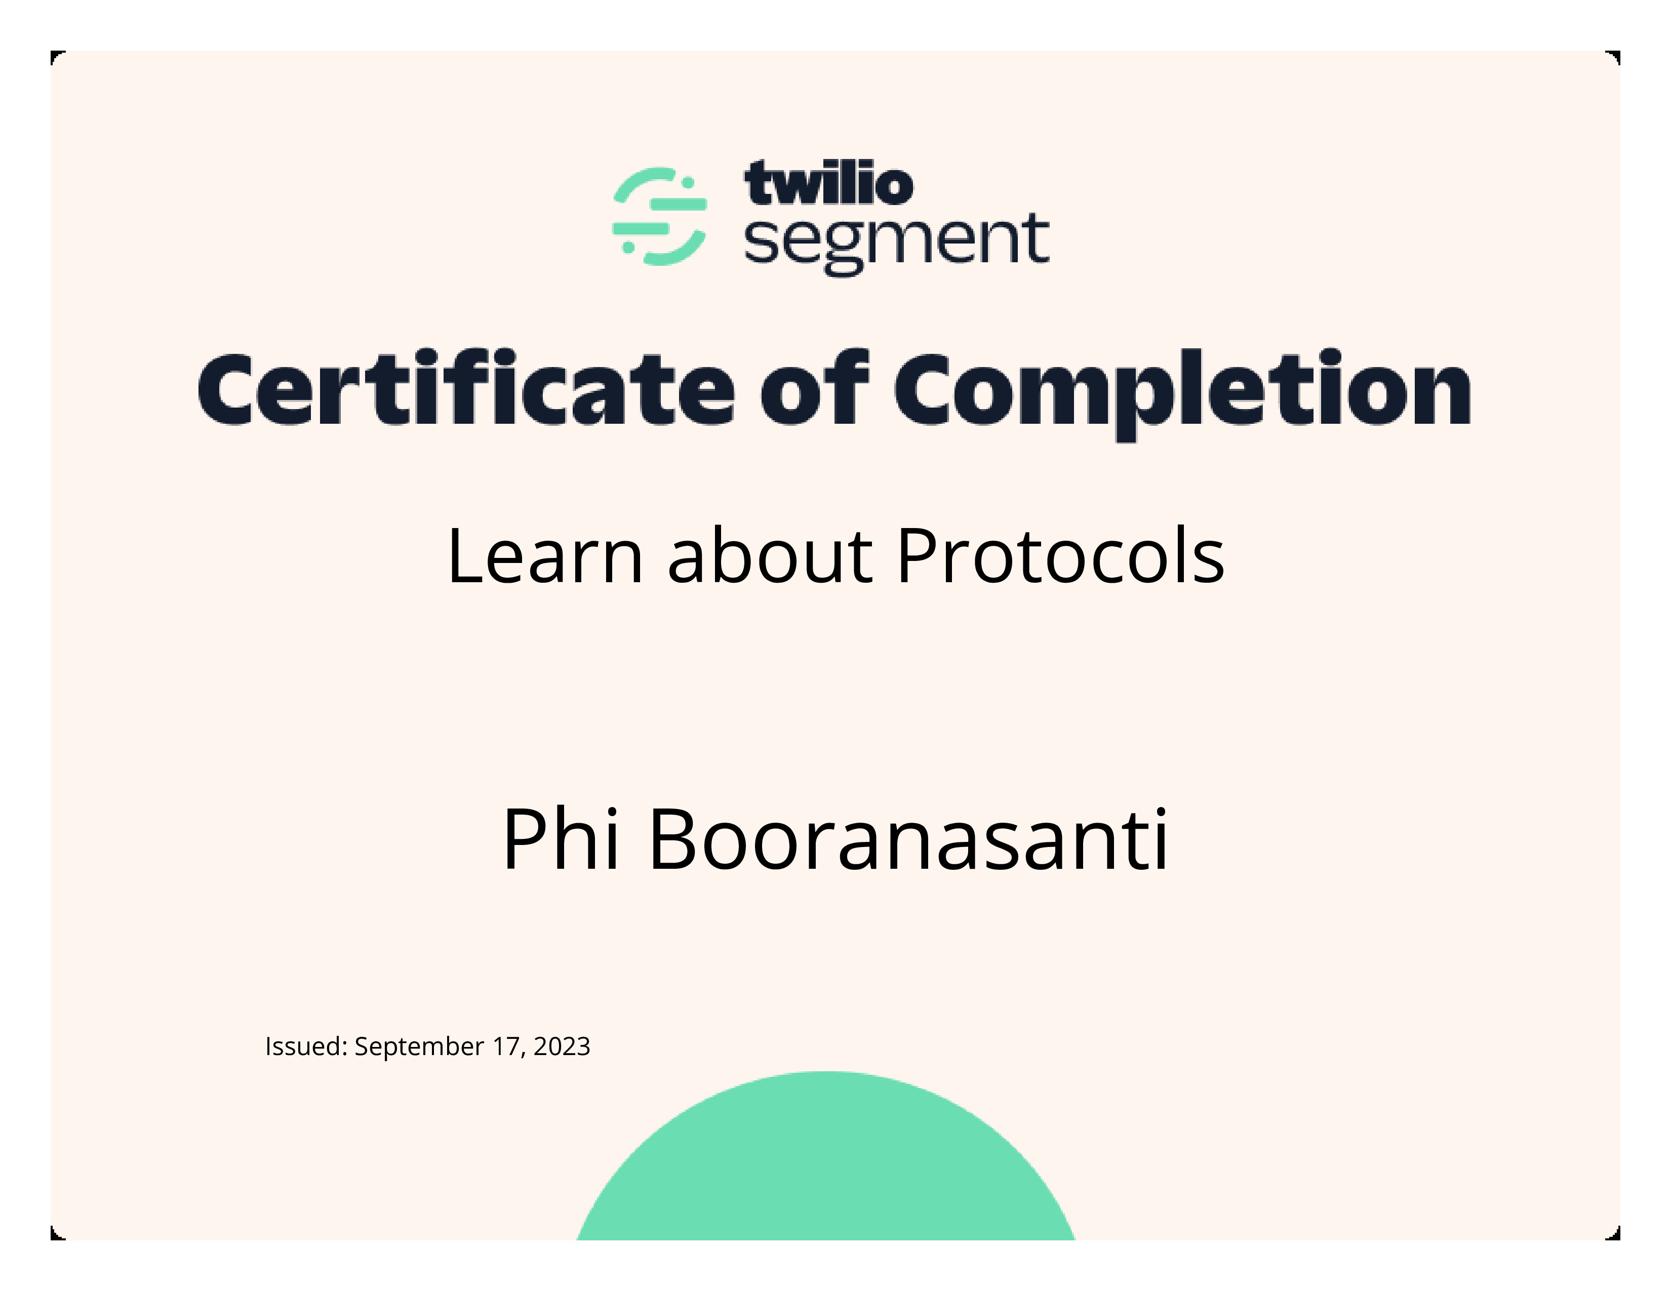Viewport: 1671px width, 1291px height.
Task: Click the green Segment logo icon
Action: [x=659, y=217]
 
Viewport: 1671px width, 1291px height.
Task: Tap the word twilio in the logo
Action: [x=828, y=184]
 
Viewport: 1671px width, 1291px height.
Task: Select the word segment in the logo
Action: [x=896, y=243]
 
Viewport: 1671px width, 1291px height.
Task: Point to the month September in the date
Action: [x=419, y=1047]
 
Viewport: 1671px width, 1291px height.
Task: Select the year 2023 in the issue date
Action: [x=562, y=1046]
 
